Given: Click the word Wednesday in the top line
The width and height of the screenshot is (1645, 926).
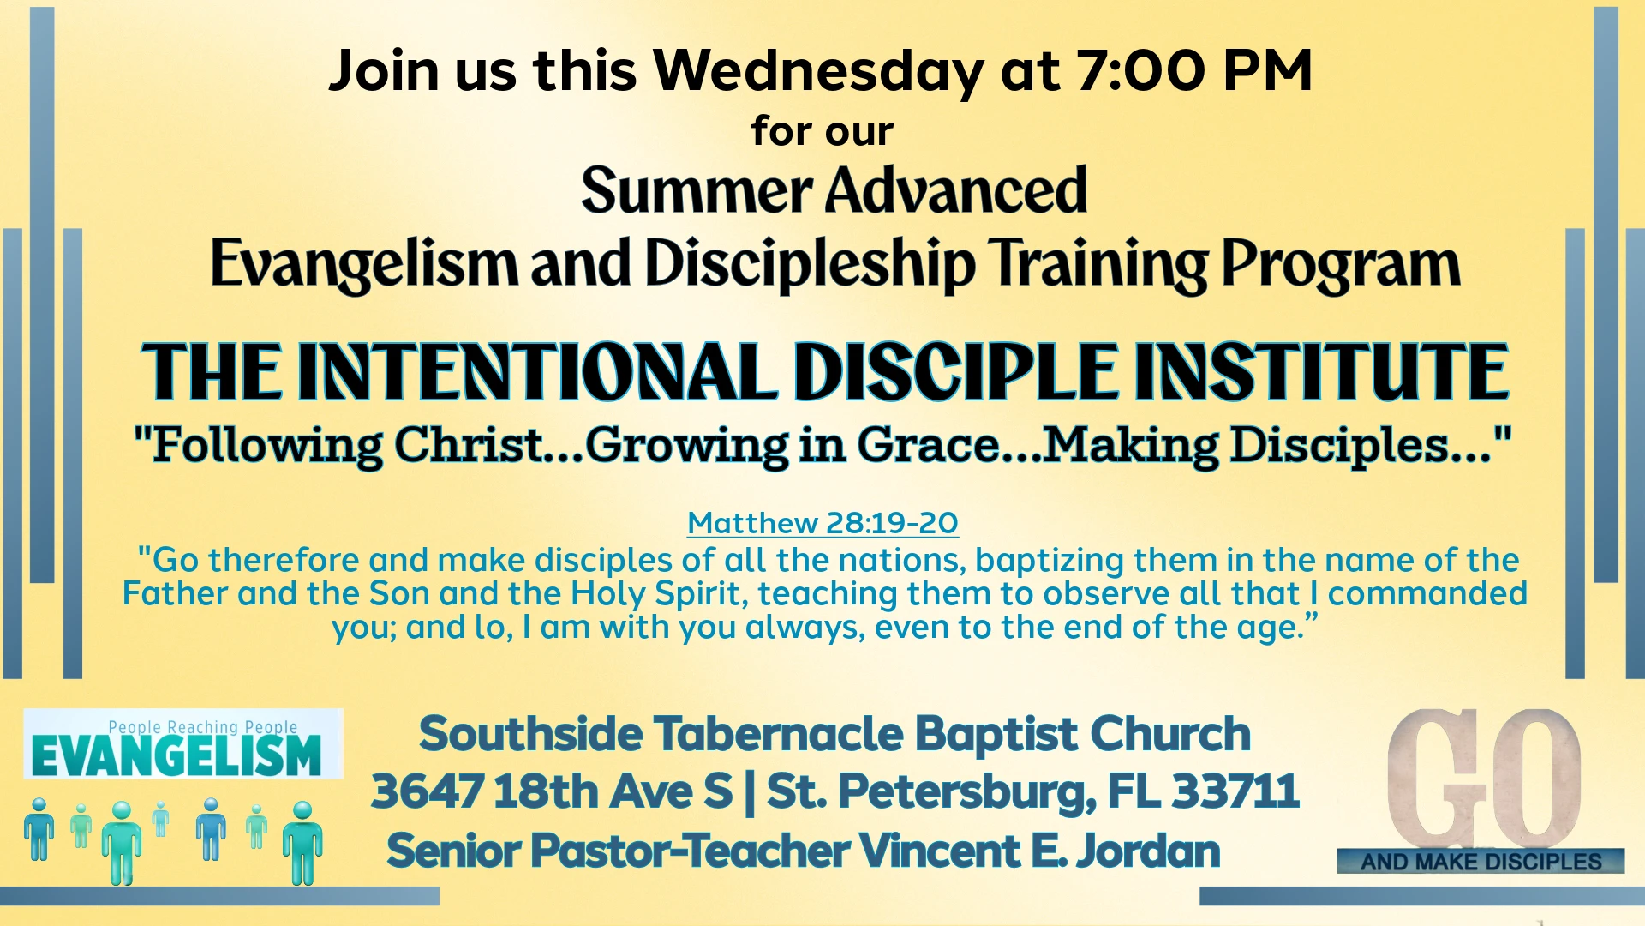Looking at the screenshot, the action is point(818,72).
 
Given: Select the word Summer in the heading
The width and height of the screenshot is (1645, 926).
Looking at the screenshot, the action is point(697,190).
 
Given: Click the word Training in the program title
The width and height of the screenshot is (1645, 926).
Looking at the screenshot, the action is point(1097,265).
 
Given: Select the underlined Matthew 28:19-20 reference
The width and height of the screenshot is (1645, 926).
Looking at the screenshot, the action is point(822,523).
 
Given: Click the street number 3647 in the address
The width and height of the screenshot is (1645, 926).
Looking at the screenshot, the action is point(428,791).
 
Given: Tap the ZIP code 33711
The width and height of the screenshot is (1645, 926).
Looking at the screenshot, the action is point(1235,791).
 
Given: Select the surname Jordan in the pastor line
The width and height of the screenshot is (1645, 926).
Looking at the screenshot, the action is point(1148,851).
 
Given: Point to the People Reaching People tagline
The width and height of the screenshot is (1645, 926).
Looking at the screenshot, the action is point(203,727).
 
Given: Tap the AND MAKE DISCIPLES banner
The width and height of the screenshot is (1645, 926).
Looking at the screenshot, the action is point(1481,862).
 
